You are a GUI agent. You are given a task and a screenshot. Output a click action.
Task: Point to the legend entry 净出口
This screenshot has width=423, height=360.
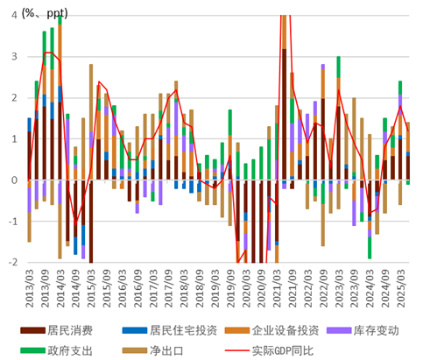[166, 350]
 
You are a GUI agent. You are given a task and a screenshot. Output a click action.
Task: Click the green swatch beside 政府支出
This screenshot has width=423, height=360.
[33, 350]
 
